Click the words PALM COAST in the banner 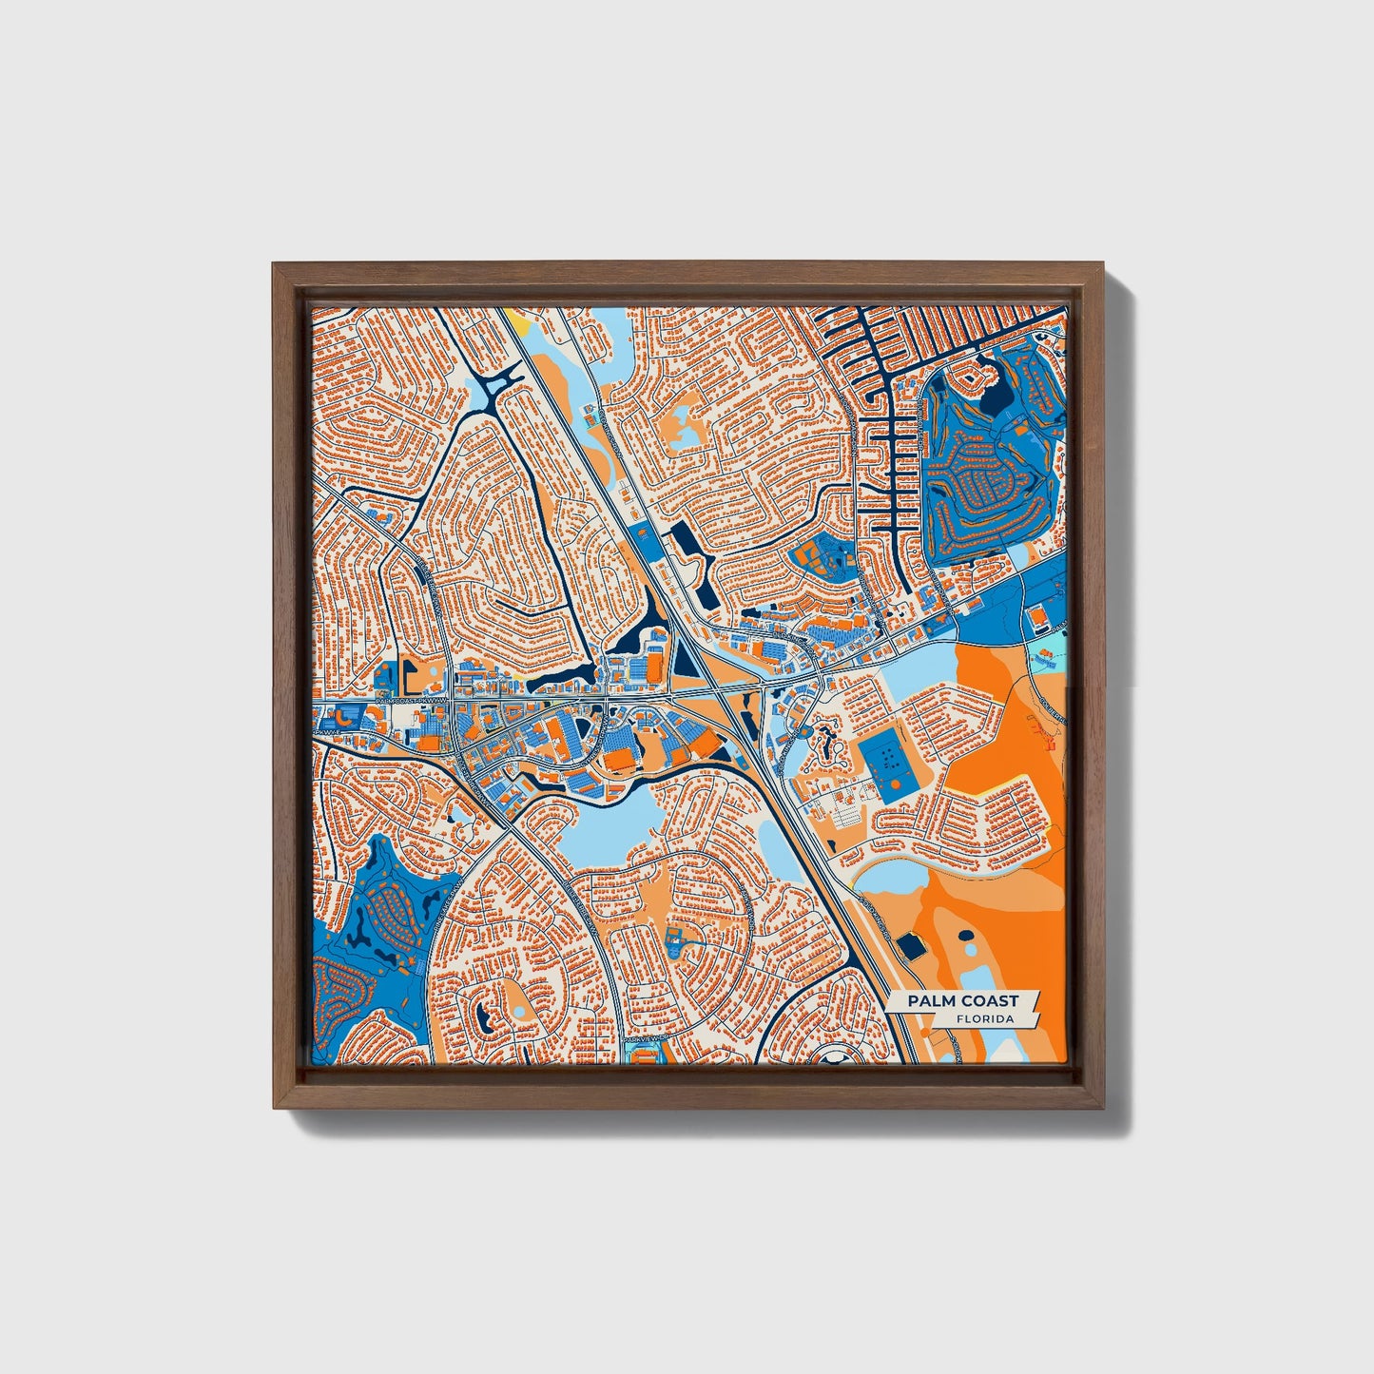[x=961, y=1000]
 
